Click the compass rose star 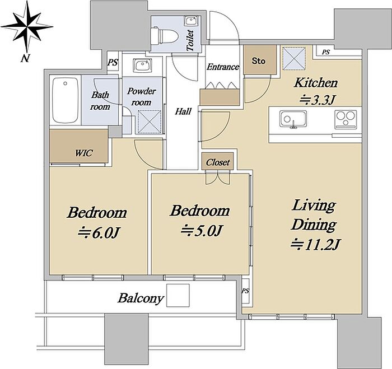click(x=26, y=26)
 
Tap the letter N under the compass click(x=25, y=58)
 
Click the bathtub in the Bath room click(x=66, y=100)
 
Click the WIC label click(x=84, y=153)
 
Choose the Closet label click(x=218, y=162)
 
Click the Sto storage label click(x=259, y=60)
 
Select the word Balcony click(x=141, y=298)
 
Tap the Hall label click(x=183, y=111)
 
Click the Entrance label click(x=223, y=67)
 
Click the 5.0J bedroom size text click(x=201, y=231)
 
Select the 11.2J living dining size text click(x=315, y=244)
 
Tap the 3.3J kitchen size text click(x=317, y=100)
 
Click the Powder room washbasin click(x=142, y=66)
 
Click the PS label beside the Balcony click(x=245, y=291)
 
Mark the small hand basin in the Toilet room click(x=192, y=21)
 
